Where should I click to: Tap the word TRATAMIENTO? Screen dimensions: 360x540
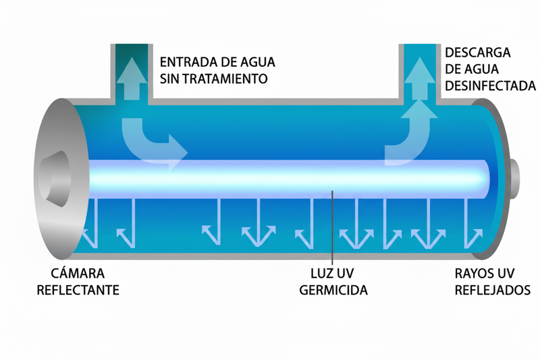tap(225, 78)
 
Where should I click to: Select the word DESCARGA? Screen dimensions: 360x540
tap(477, 53)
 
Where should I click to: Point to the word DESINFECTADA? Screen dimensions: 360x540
tap(491, 86)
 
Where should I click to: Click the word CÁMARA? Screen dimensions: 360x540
tap(79, 274)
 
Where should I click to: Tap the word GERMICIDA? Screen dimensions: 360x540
tap(335, 291)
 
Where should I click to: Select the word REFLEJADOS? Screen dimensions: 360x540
tap(492, 290)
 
